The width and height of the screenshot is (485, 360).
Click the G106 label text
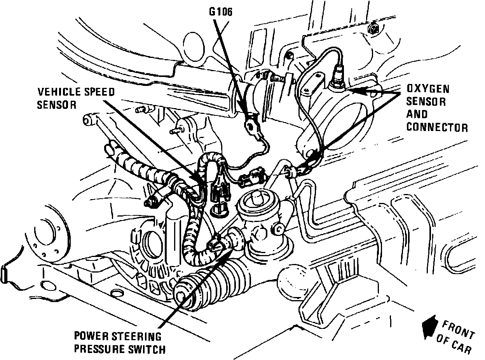220,12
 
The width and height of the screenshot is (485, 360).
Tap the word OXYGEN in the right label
428,89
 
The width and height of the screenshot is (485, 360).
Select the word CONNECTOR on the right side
437,127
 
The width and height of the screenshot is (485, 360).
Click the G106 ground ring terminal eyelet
249,124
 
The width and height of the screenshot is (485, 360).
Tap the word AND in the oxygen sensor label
417,114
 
